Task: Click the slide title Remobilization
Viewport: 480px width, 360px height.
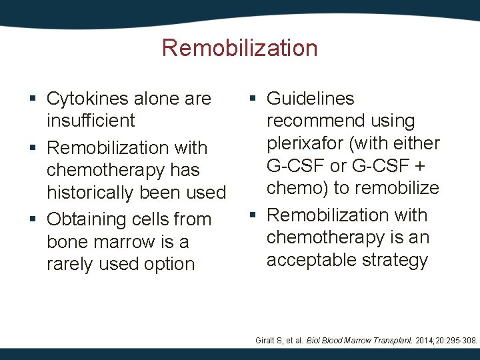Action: click(x=239, y=48)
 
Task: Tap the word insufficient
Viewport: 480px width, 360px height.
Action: click(x=91, y=121)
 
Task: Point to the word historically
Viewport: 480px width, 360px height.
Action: click(x=90, y=193)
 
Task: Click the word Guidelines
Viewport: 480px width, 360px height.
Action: click(x=310, y=99)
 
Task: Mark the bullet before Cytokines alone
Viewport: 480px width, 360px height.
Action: click(x=33, y=99)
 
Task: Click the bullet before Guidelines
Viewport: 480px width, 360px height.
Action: click(x=253, y=99)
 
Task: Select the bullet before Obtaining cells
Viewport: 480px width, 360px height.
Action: click(x=33, y=220)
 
